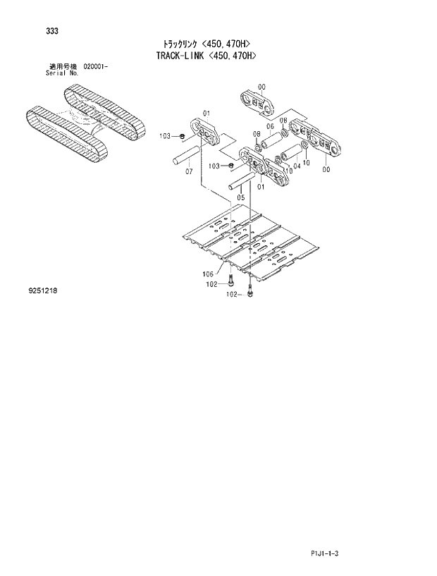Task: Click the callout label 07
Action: point(189,171)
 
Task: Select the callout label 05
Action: point(241,197)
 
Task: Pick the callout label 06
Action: point(269,126)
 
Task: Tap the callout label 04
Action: point(297,166)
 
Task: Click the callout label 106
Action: point(208,274)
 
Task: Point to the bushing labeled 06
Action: point(272,140)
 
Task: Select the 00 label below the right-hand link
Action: point(326,169)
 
